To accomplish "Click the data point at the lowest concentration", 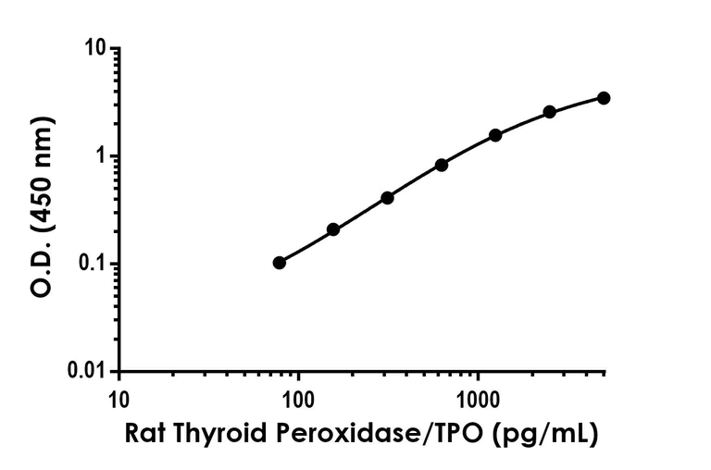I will pyautogui.click(x=280, y=263).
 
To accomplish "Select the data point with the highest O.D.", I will pyautogui.click(x=604, y=98).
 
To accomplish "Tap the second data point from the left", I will pyautogui.click(x=333, y=229).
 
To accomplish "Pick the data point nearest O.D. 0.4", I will pyautogui.click(x=387, y=198).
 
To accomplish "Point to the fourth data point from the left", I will pyautogui.click(x=442, y=165).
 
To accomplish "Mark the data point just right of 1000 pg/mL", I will pyautogui.click(x=495, y=135).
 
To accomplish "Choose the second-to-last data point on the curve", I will pyautogui.click(x=550, y=112).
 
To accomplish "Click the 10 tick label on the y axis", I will pyautogui.click(x=94, y=48).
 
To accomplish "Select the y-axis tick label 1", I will pyautogui.click(x=100, y=155).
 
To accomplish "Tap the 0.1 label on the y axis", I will pyautogui.click(x=91, y=264).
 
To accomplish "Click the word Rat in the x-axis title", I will pyautogui.click(x=145, y=432).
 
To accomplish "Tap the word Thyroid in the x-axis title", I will pyautogui.click(x=218, y=432).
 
